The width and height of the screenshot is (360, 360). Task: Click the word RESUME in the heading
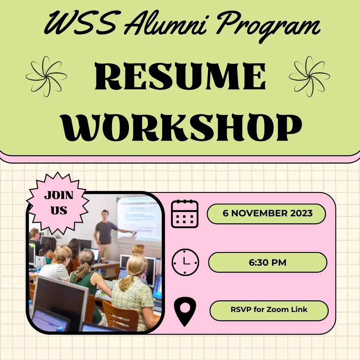click(180, 77)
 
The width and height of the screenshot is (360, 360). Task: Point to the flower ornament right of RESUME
click(309, 76)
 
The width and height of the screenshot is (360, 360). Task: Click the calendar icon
click(185, 214)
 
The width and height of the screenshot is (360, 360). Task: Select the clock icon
click(185, 262)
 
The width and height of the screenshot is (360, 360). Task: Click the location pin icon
click(185, 311)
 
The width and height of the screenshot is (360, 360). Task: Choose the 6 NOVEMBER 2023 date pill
click(266, 214)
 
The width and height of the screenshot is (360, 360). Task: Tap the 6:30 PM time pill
click(267, 262)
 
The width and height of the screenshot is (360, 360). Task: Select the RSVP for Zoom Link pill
click(269, 310)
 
